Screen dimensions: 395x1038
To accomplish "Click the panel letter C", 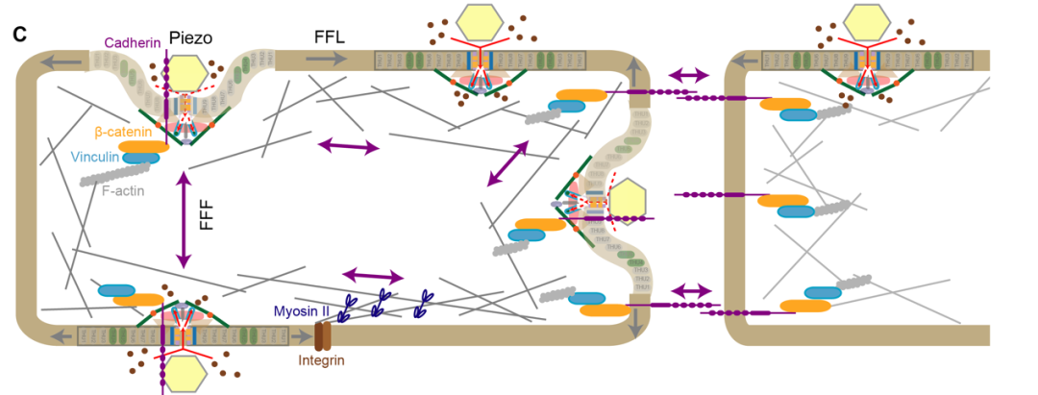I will [19, 35].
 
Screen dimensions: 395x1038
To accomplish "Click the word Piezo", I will [190, 37].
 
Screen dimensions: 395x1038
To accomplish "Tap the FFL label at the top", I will [330, 37].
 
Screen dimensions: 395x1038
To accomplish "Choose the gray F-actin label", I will [125, 190].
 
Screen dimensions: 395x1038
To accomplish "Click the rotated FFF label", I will [205, 218].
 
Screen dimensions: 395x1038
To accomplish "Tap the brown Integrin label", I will [321, 360].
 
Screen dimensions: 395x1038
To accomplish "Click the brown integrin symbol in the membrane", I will [322, 335].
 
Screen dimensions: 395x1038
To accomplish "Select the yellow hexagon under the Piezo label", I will [186, 74].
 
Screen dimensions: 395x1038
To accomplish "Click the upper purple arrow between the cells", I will [689, 74].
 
